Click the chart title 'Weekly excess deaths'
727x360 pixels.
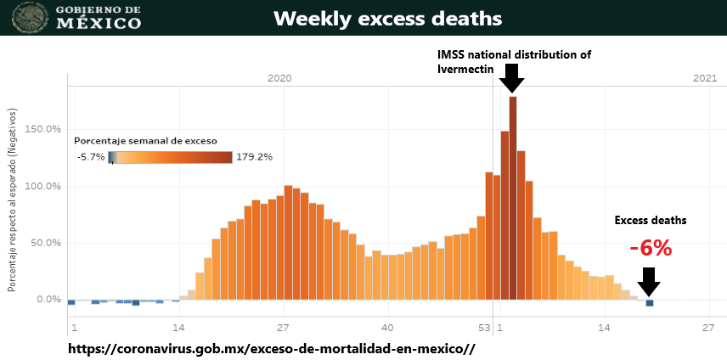387,18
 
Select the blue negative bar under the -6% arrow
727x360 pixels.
650,303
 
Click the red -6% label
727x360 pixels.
651,248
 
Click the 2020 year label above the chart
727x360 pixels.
279,78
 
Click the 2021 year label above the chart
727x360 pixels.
705,78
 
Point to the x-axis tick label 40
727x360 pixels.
387,328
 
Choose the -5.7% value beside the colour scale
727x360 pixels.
89,157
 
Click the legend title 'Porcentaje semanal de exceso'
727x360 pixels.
145,140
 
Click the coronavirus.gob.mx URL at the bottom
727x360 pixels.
270,348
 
